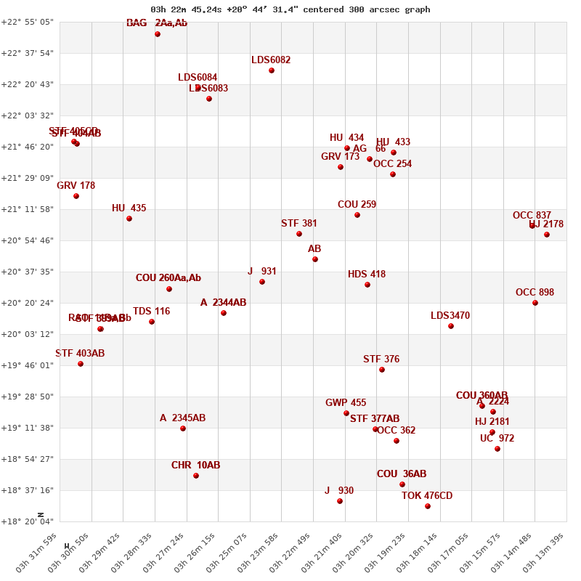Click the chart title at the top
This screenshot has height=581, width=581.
[290, 9]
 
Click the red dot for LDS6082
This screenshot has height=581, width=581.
[272, 70]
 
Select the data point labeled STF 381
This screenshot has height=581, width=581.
[299, 234]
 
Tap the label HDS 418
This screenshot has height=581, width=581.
[367, 275]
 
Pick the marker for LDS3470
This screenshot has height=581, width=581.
[451, 326]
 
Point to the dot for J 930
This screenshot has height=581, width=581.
[340, 501]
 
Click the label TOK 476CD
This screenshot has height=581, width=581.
[427, 496]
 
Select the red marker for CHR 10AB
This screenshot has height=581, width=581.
[196, 476]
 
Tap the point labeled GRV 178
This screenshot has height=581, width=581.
[76, 196]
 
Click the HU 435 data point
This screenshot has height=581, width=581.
[129, 219]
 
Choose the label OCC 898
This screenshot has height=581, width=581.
[535, 293]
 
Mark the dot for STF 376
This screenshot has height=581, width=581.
[382, 370]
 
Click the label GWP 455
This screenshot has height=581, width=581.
[346, 403]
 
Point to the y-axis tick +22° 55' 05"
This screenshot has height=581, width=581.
[28, 23]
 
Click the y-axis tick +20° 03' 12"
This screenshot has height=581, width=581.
[28, 334]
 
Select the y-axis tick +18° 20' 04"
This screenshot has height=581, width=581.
[28, 521]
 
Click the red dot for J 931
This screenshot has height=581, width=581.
[262, 282]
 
